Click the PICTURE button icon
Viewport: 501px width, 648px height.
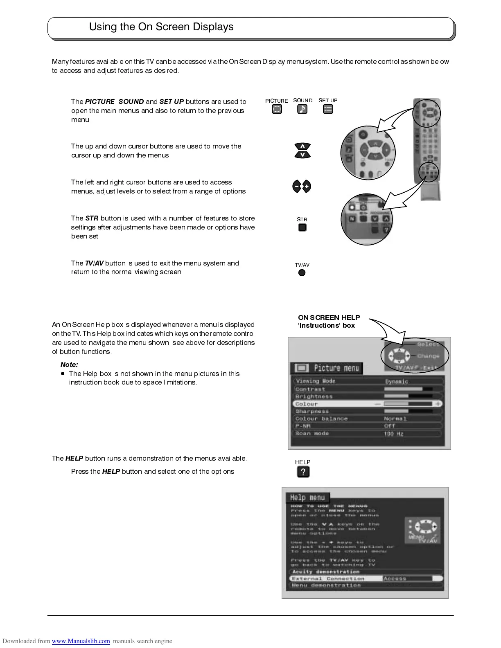[x=277, y=109]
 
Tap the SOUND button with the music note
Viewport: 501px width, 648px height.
[x=302, y=109]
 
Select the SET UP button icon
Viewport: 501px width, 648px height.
[x=328, y=109]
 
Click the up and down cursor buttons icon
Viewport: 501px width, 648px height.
[x=302, y=150]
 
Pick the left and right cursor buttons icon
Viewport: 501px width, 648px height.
[x=302, y=187]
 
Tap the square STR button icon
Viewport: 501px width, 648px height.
[x=302, y=227]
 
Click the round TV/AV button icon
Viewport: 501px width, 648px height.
[x=302, y=273]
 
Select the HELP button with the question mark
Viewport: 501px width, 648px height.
[x=303, y=472]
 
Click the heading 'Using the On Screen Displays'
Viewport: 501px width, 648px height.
[x=161, y=27]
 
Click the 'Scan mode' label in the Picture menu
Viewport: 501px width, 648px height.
[x=312, y=433]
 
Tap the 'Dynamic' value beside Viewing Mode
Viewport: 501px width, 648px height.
[x=396, y=381]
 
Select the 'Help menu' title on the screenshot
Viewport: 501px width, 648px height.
[x=307, y=497]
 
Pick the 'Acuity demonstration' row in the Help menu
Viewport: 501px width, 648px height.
[x=325, y=571]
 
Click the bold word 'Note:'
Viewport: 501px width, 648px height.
[x=69, y=364]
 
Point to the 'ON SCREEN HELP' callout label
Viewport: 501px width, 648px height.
[x=329, y=317]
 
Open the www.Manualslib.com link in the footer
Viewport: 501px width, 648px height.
[x=81, y=641]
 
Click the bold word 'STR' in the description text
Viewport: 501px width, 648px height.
[x=92, y=218]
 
